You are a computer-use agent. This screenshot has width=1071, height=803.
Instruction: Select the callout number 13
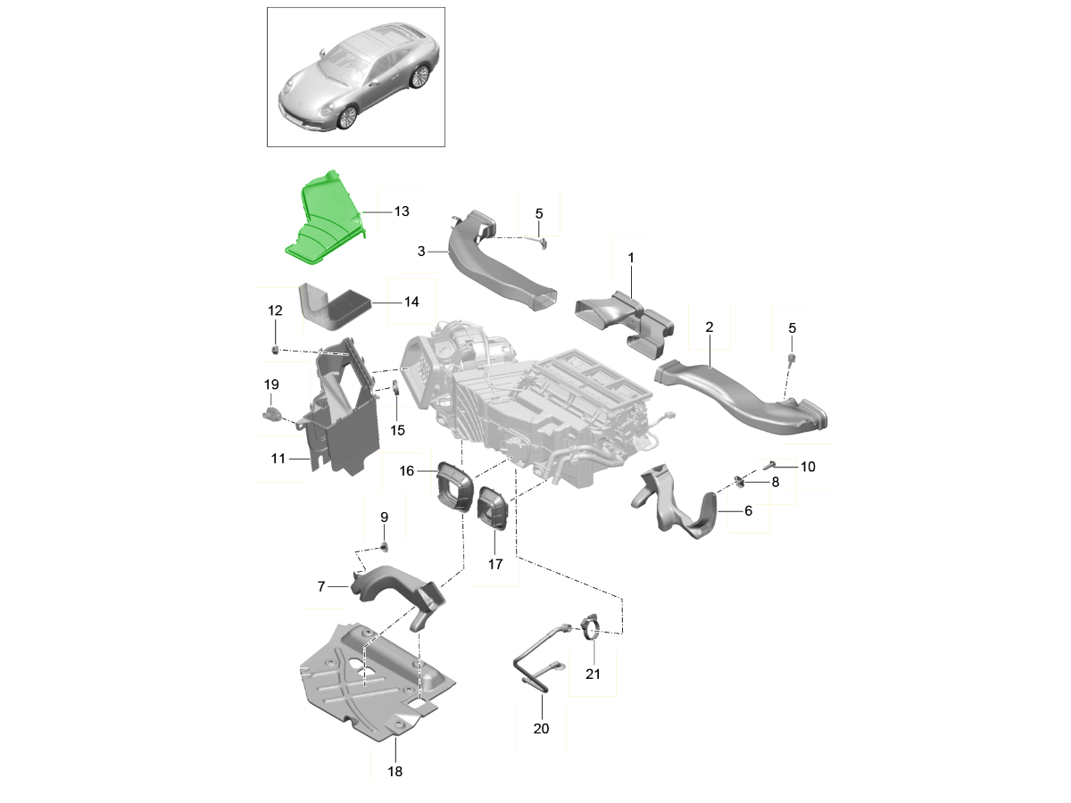coord(402,211)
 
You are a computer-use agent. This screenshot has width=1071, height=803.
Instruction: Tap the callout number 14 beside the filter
coord(411,302)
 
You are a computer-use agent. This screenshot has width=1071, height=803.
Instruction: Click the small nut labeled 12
coord(275,349)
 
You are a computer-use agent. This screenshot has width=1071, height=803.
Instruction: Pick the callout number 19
coord(271,385)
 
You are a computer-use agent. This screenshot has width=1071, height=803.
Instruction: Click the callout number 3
coord(421,251)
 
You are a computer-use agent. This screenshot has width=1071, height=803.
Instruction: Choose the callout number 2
coord(710,327)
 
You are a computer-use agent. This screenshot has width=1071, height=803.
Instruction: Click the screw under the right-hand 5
coord(791,359)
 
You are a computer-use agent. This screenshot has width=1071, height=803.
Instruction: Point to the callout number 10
coord(808,467)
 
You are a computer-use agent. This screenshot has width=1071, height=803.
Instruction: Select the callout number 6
coord(749,510)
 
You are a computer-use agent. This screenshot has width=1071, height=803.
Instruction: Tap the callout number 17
coord(495,564)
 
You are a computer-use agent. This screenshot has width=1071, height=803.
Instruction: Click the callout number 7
coord(321,586)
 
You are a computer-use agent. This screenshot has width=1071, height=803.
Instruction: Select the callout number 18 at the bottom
coord(395,771)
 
